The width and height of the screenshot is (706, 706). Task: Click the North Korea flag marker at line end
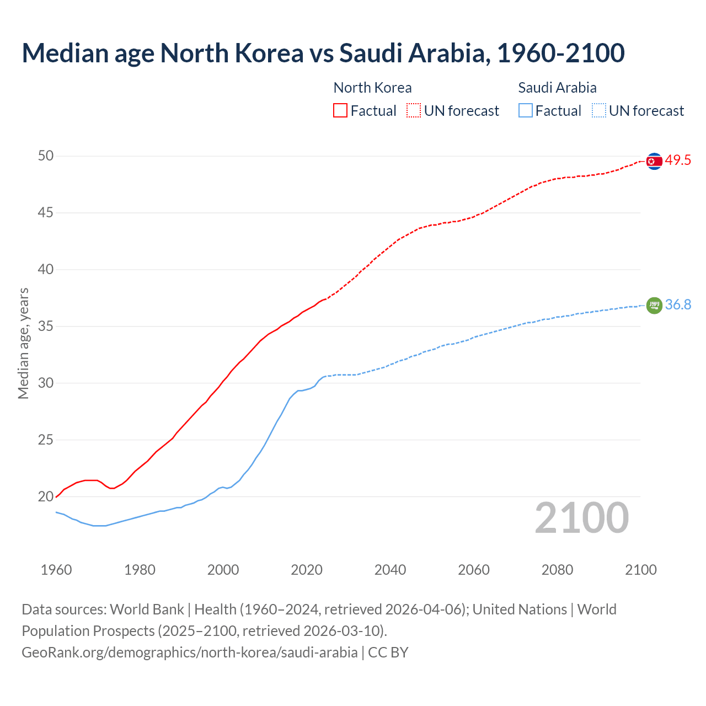[x=654, y=161]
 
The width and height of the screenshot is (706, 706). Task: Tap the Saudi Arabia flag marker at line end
[x=654, y=305]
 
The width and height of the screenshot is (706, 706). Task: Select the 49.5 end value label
[x=678, y=161]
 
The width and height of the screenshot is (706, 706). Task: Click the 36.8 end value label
[x=678, y=305]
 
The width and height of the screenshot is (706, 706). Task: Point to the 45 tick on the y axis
[x=46, y=212]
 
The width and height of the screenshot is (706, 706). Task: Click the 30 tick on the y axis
[x=46, y=383]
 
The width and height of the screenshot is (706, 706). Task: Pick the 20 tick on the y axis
[x=46, y=496]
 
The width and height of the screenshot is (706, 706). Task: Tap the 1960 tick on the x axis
[x=56, y=570]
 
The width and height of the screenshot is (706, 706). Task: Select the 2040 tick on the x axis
[x=390, y=570]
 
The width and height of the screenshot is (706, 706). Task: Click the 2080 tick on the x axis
[x=557, y=570]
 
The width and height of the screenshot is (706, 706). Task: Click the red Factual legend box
[x=340, y=111]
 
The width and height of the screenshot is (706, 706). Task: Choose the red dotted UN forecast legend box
[x=414, y=111]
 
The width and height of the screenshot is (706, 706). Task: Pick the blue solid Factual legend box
[x=526, y=111]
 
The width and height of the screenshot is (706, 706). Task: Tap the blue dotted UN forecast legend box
[x=598, y=111]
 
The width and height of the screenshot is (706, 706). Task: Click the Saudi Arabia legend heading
[x=557, y=88]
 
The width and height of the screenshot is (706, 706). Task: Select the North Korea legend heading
[x=372, y=88]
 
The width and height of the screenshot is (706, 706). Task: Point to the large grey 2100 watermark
[x=581, y=518]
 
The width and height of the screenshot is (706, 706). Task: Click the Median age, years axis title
[x=23, y=343]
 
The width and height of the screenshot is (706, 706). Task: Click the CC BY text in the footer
[x=388, y=652]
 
